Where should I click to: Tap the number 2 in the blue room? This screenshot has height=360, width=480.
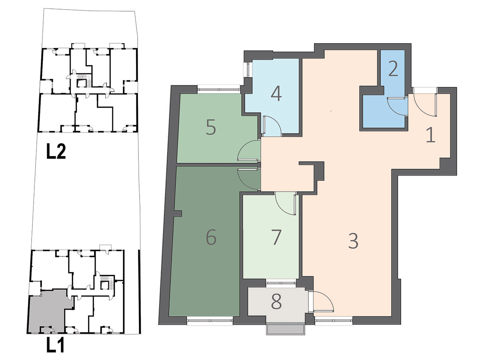(393, 69)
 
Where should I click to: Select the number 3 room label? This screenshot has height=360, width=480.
(353, 241)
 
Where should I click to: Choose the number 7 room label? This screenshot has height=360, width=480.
(276, 238)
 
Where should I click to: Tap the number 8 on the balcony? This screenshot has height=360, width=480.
(276, 302)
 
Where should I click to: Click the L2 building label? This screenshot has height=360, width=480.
(56, 152)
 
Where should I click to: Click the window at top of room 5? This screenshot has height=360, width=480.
(219, 89)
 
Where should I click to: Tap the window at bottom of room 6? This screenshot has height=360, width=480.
(210, 321)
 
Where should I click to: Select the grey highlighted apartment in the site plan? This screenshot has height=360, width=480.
(50, 311)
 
